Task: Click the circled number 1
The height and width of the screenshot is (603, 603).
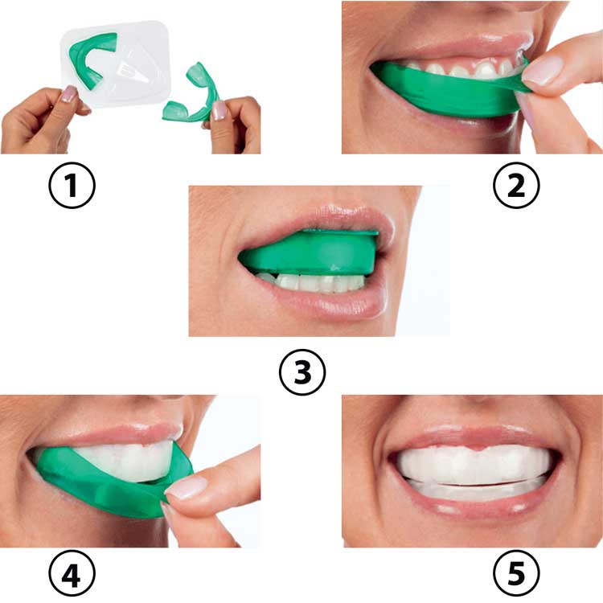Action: pos(72,186)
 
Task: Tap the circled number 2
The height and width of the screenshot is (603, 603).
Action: pos(516,186)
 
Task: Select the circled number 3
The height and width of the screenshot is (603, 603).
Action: pos(302,372)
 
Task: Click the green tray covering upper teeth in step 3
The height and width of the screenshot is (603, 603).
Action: pos(308,254)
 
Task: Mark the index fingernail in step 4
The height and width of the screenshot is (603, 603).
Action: pos(186,488)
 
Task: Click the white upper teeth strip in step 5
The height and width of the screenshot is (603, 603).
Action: pos(474,465)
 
